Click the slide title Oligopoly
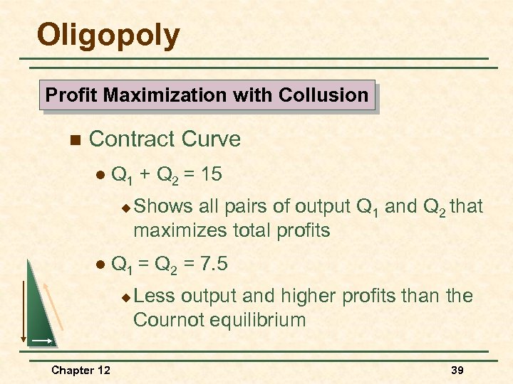click(108, 36)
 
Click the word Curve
click(212, 139)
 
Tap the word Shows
click(163, 206)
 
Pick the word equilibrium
click(261, 320)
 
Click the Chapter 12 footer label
click(81, 370)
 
